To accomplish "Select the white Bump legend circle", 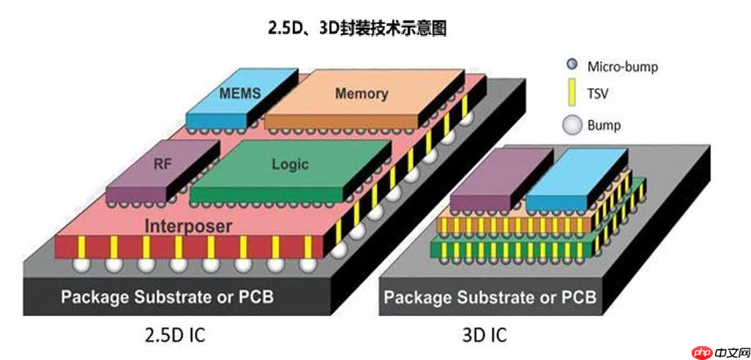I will click(572, 125).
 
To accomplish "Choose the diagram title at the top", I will click(357, 29).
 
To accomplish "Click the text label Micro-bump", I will click(622, 67).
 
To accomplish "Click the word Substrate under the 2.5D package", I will click(171, 298).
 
